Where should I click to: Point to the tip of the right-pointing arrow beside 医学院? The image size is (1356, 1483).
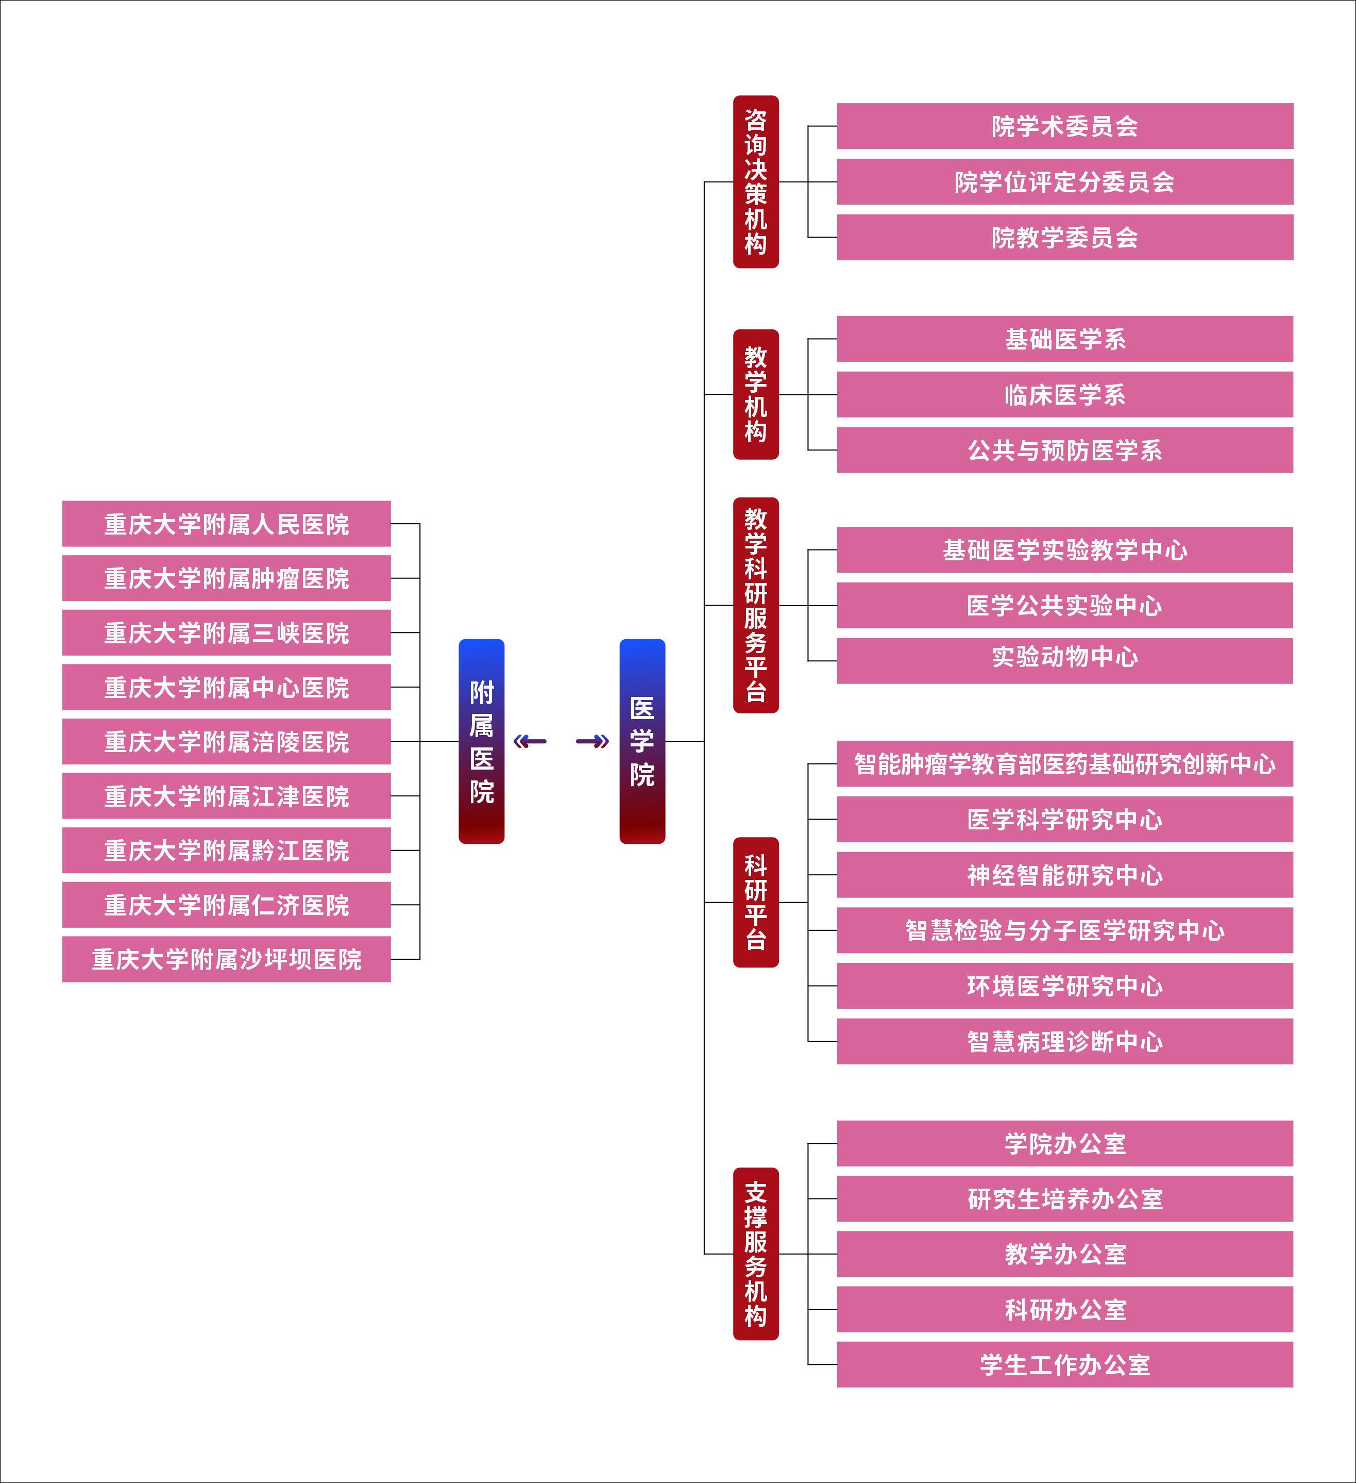[x=609, y=741]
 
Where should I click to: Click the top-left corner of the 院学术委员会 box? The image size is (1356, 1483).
[x=837, y=103]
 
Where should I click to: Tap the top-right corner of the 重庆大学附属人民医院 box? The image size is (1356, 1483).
[x=391, y=501]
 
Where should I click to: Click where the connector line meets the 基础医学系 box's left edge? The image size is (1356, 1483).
[x=837, y=339]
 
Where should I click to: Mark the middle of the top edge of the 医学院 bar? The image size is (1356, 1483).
[x=642, y=639]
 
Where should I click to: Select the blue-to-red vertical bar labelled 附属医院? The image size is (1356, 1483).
[x=482, y=741]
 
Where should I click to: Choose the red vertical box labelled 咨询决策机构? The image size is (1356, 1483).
[x=756, y=181]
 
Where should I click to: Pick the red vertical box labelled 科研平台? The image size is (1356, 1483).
[x=756, y=902]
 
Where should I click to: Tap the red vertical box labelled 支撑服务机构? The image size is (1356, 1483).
[x=756, y=1254]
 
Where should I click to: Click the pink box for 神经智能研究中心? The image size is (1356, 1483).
[x=1065, y=875]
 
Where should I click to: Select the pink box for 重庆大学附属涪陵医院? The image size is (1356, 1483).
[x=227, y=741]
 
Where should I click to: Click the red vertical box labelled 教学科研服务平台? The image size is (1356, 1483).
[x=756, y=605]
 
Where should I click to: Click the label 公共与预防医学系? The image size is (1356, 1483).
[x=1065, y=450]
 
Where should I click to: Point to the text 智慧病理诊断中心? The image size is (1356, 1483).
[x=1065, y=1042]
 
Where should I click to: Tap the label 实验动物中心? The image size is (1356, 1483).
[x=1065, y=656]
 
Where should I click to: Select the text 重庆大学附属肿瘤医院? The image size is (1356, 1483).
[x=227, y=578]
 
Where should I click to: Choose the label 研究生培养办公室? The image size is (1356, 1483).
[x=1065, y=1199]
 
